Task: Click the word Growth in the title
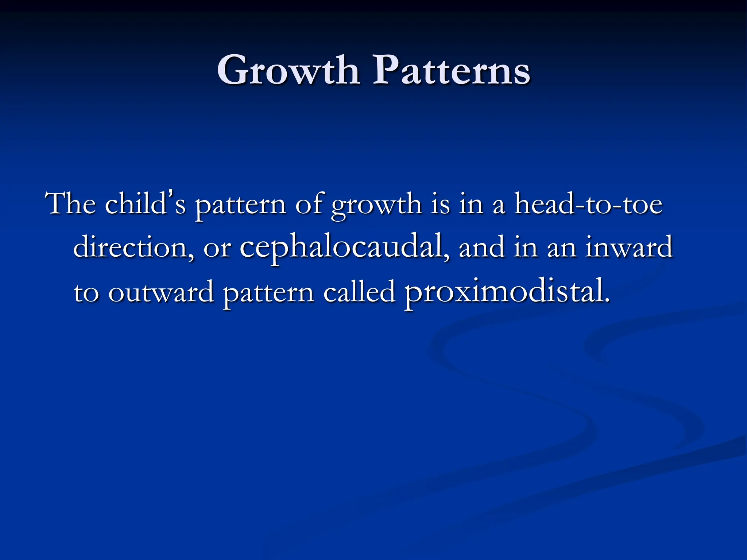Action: tap(288, 70)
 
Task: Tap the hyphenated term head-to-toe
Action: tap(588, 204)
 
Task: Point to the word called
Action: tap(359, 292)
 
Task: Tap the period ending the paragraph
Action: tap(607, 301)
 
